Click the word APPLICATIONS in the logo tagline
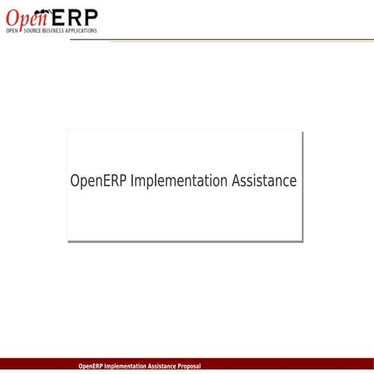click(82, 31)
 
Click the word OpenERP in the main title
click(99, 181)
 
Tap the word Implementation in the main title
click(180, 182)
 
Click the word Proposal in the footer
click(189, 366)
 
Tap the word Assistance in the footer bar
click(162, 366)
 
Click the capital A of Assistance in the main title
click(237, 181)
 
